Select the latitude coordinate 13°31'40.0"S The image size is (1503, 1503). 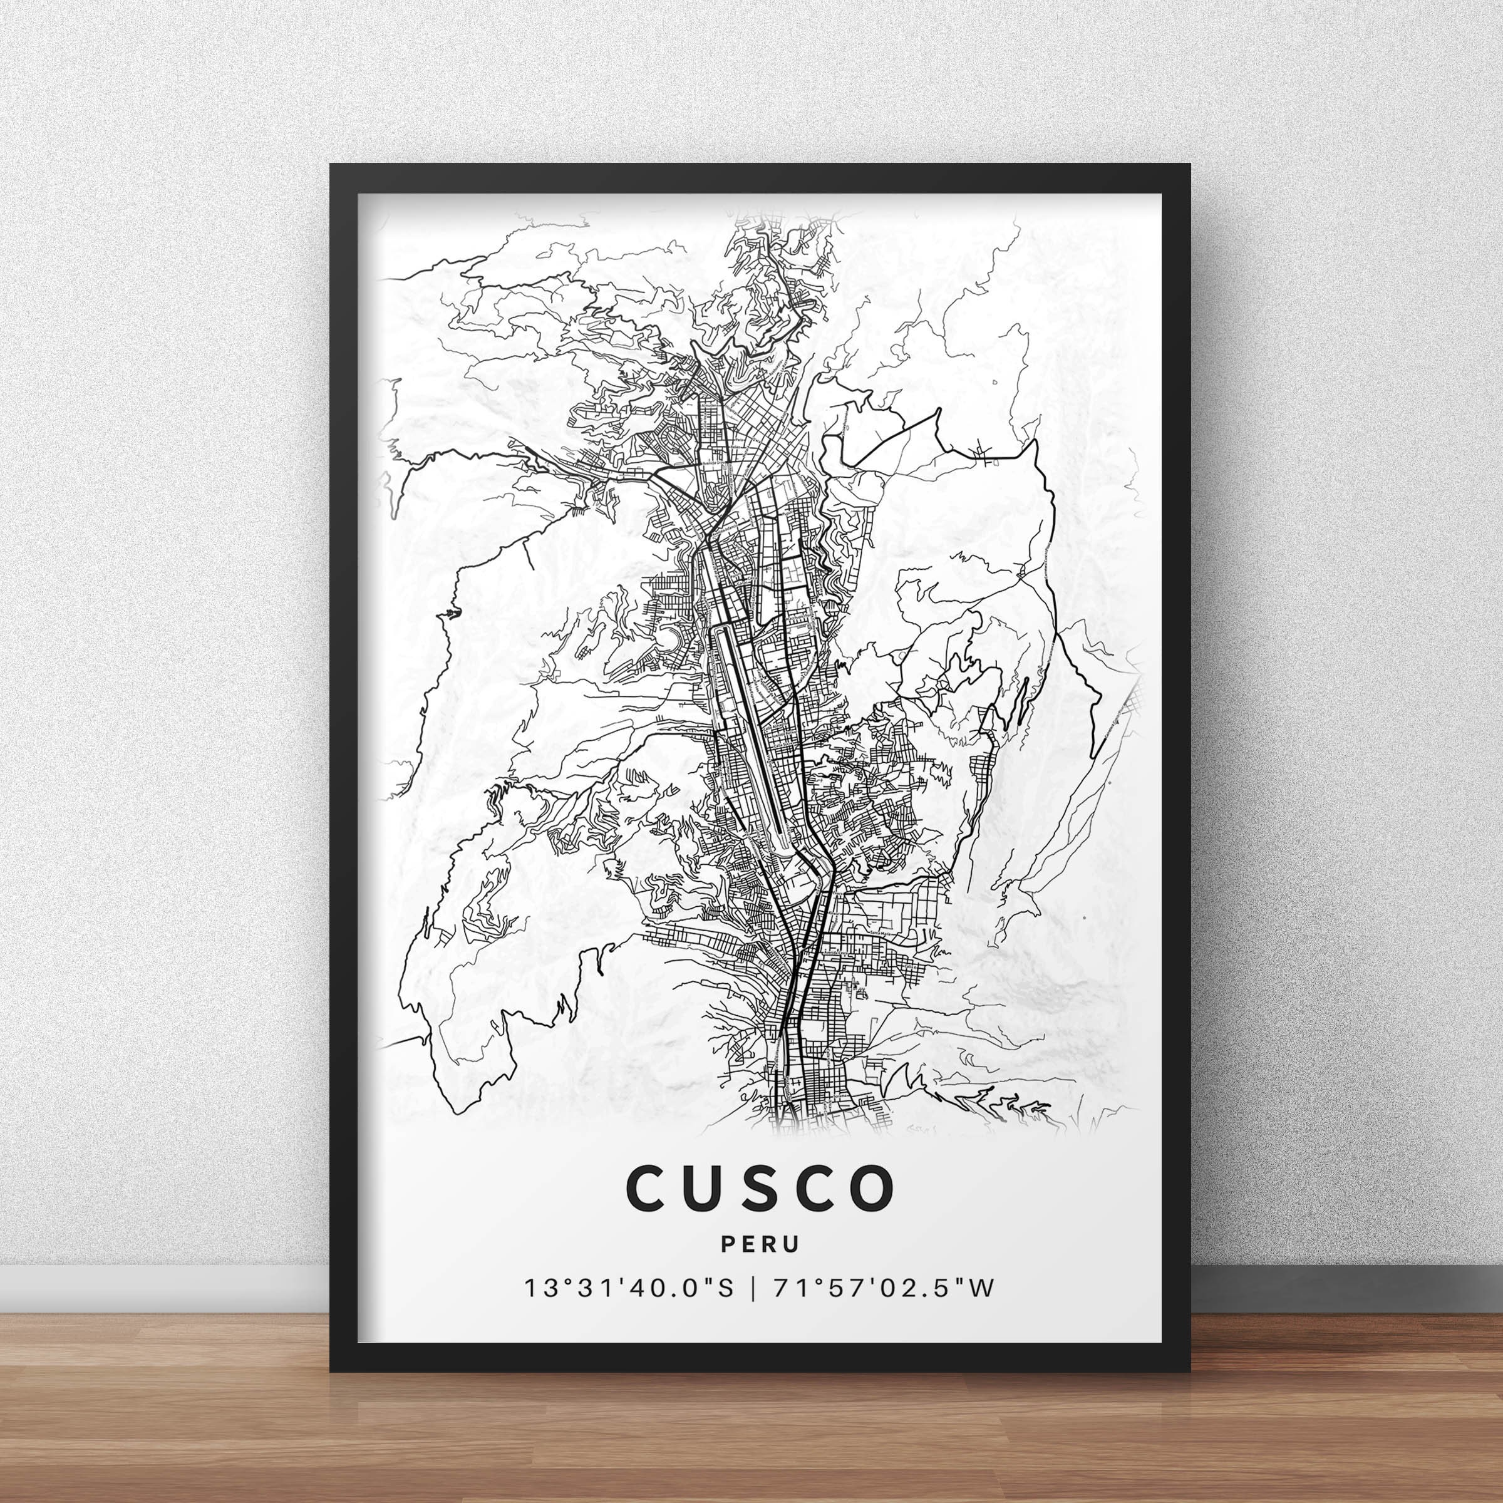(629, 1288)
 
